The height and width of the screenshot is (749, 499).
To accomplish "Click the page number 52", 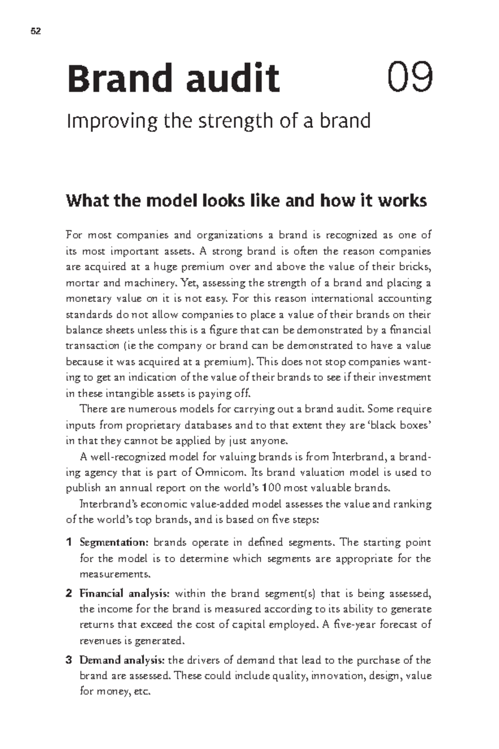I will click(x=36, y=32).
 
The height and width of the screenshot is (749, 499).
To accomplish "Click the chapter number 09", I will click(x=410, y=78).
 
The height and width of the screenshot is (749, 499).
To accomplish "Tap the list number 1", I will click(x=69, y=543).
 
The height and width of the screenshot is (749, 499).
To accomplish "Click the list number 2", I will click(x=69, y=593).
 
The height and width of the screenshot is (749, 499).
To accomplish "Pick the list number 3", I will click(x=69, y=660).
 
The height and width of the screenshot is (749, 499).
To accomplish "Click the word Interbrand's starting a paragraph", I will click(x=106, y=504).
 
